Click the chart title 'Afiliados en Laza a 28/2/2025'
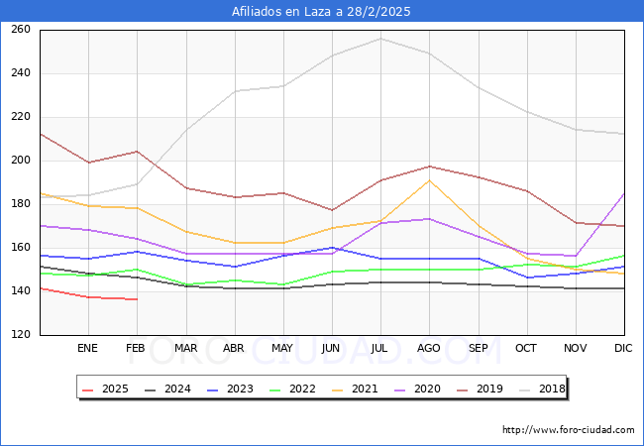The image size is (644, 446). point(321,12)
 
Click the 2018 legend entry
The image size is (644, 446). point(540,390)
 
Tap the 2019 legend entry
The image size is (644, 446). point(478,390)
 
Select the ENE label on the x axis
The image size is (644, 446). point(88,349)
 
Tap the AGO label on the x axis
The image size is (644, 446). point(429,349)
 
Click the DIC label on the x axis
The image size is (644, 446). point(623,349)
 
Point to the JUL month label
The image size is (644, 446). point(379,349)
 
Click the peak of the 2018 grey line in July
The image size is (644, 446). point(379,39)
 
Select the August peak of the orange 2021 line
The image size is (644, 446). point(429,179)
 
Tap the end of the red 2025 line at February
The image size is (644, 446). point(137,299)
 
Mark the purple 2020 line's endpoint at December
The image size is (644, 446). point(624,193)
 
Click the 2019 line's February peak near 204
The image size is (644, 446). point(137,152)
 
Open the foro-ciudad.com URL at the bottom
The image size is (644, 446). point(568,430)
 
